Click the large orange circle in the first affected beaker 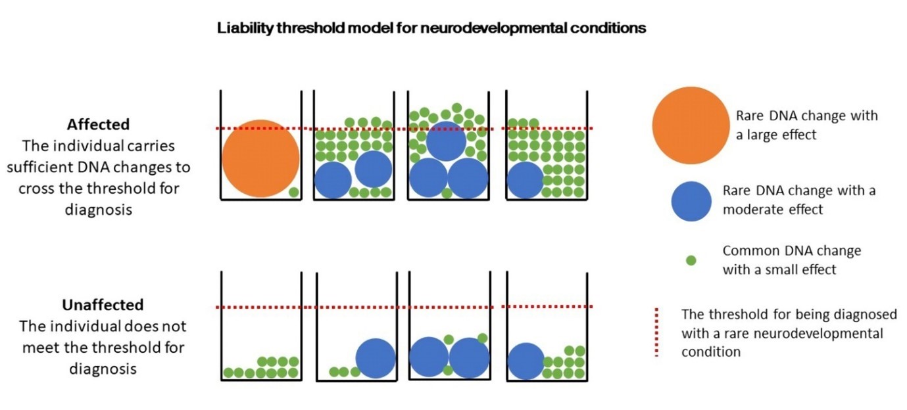coord(260,158)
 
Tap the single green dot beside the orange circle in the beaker coord(293,193)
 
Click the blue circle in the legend coord(691,201)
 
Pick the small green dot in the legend coord(691,260)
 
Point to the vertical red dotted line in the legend coord(656,332)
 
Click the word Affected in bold coord(98,124)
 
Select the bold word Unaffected coord(103,305)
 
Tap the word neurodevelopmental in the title coord(512,29)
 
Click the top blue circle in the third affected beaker coord(446,141)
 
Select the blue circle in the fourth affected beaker coord(525,180)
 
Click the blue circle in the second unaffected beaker coord(376,358)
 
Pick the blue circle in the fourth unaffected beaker coord(526,361)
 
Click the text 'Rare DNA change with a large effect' coord(806,125)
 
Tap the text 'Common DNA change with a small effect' coord(791,260)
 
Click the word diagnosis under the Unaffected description coord(103,368)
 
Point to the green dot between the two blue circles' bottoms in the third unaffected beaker coord(448,370)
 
